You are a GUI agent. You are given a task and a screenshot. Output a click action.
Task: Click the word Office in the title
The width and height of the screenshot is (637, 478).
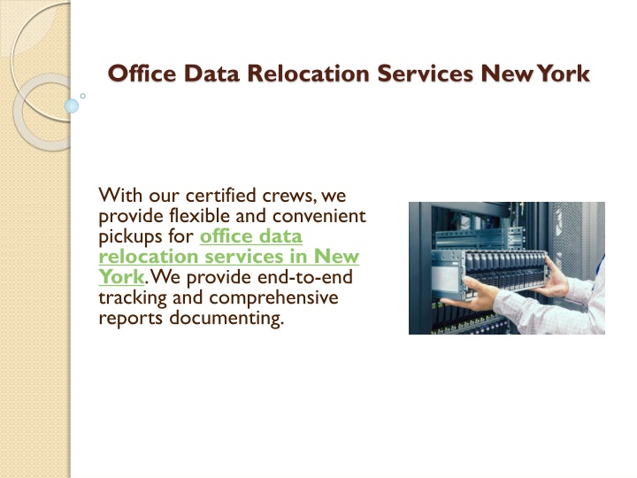(x=142, y=73)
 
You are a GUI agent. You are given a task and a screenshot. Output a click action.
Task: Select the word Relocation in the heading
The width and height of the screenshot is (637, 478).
(x=309, y=73)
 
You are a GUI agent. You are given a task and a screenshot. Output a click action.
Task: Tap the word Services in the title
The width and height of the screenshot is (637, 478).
(x=426, y=73)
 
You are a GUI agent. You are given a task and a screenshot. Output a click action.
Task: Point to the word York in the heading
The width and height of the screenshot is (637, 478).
(x=564, y=73)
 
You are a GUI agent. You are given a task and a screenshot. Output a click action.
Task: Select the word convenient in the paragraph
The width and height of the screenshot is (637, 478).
(x=319, y=216)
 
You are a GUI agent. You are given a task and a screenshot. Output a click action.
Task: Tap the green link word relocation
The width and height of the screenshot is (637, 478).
(x=149, y=257)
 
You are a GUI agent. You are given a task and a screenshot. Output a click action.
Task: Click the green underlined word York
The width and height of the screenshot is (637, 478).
(x=121, y=277)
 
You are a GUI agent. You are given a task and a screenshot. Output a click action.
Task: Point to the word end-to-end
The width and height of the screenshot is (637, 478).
(x=305, y=277)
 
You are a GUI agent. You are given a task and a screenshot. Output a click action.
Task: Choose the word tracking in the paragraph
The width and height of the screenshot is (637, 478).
(x=133, y=298)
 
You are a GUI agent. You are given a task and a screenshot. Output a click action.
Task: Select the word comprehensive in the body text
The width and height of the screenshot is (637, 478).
(x=273, y=298)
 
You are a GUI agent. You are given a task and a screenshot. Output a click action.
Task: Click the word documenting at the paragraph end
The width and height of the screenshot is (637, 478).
(x=226, y=318)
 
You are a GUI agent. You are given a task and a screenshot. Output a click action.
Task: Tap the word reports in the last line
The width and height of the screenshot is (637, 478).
(x=130, y=319)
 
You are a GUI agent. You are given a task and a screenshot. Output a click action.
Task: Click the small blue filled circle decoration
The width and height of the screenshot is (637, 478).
(x=72, y=106)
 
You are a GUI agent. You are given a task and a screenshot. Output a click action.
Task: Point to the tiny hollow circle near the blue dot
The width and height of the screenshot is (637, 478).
(x=83, y=96)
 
